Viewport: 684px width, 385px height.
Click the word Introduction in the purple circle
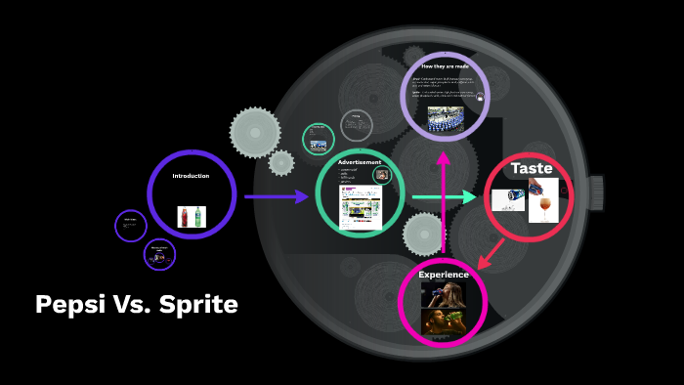pyautogui.click(x=191, y=176)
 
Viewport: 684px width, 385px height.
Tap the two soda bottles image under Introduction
pyautogui.click(x=192, y=217)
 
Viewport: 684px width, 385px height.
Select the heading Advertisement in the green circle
pyautogui.click(x=360, y=162)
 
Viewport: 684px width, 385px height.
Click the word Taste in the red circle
pyautogui.click(x=532, y=169)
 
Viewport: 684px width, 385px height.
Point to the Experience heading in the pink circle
pyautogui.click(x=444, y=275)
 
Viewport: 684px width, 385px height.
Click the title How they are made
pyautogui.click(x=445, y=66)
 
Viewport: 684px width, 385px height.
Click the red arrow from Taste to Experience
pyautogui.click(x=492, y=249)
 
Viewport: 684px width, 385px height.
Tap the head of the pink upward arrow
pyautogui.click(x=443, y=156)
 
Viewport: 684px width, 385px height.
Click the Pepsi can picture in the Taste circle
pyautogui.click(x=508, y=199)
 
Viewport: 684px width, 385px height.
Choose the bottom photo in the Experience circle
pyautogui.click(x=443, y=320)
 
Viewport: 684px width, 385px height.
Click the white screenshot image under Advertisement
pyautogui.click(x=360, y=206)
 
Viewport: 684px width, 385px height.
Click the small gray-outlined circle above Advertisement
pyautogui.click(x=357, y=126)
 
